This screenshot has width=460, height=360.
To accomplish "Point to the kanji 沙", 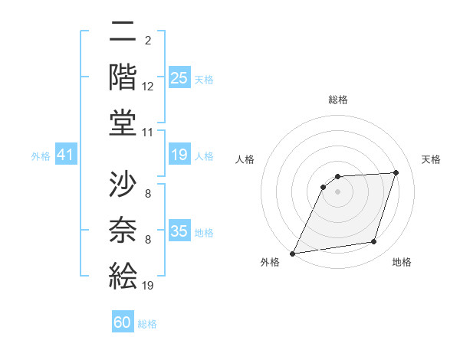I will click(123, 185).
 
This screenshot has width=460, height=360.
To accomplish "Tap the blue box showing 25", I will click(179, 77).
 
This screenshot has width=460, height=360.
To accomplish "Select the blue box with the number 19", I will click(179, 155).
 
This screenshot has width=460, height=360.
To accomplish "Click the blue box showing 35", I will click(179, 231).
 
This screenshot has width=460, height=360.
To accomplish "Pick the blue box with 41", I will click(65, 155).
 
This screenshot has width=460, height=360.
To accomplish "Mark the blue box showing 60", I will click(123, 322).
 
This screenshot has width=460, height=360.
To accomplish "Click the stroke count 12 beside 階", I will click(148, 87).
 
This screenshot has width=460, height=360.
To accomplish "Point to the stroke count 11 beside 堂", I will click(148, 132).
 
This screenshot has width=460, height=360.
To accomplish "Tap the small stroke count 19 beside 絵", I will click(148, 286).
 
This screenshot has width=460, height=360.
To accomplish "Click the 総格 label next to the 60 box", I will click(147, 324).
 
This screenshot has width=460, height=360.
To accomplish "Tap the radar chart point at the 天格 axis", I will click(396, 172).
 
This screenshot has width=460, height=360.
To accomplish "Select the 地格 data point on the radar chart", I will click(374, 242).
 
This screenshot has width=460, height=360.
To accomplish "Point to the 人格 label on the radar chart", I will click(246, 159).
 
